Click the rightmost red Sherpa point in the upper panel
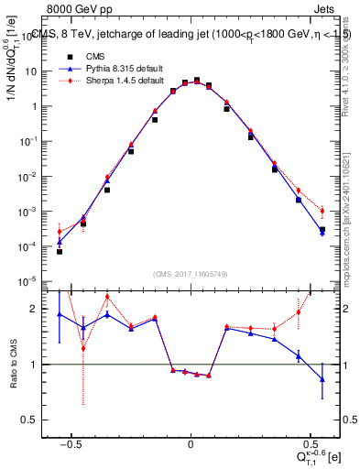pyautogui.click(x=322, y=212)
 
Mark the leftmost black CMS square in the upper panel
pyautogui.click(x=60, y=251)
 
